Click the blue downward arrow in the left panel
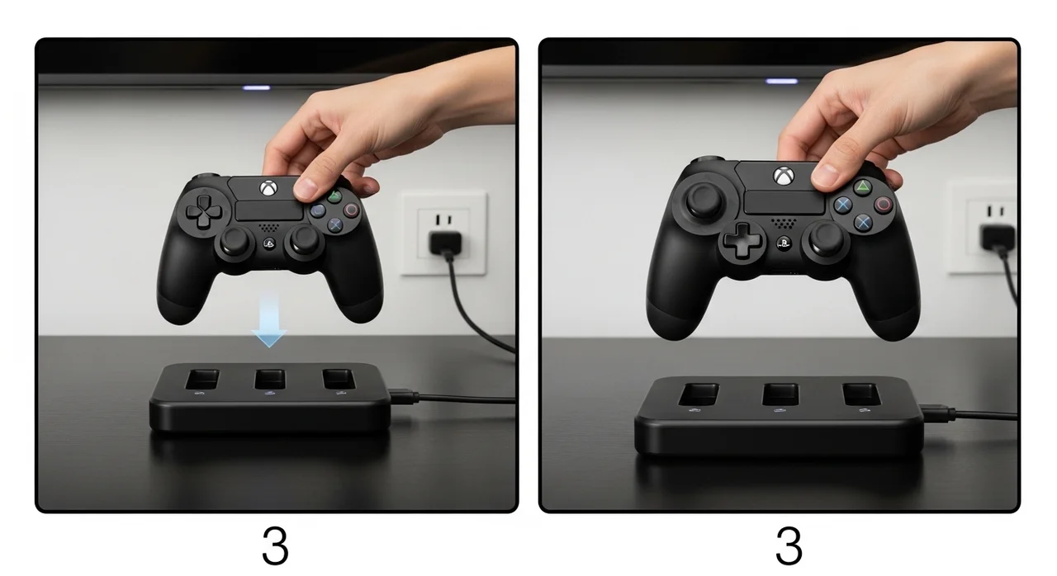coord(269,320)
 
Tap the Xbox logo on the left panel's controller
coord(268,188)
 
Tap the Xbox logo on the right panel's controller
coord(784,177)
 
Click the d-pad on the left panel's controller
coord(204,213)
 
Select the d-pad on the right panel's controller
coord(742,241)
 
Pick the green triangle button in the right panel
coord(863,187)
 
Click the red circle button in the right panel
coord(884,205)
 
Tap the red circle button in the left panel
coord(351,210)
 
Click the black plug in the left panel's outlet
coord(445,243)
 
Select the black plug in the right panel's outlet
coord(997,237)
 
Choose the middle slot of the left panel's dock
coord(269,380)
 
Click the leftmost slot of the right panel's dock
coord(699,394)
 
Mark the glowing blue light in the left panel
coord(256,87)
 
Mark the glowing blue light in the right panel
coord(781,81)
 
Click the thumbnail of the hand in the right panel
coord(825,174)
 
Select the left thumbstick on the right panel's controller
coord(704,201)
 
